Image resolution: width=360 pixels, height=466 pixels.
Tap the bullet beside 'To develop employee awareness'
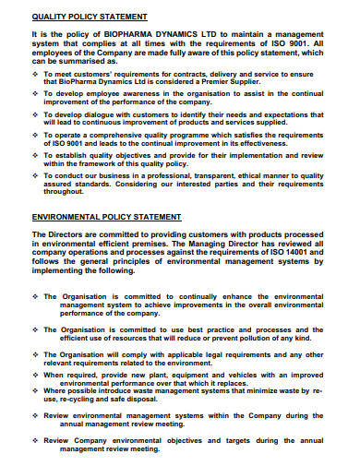tap(35, 93)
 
